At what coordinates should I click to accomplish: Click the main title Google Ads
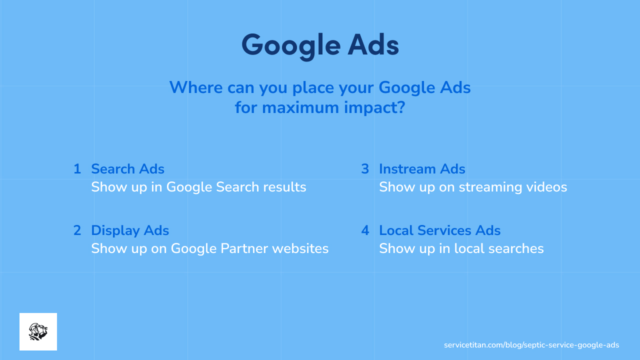pos(320,45)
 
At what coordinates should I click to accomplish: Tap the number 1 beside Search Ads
pos(77,169)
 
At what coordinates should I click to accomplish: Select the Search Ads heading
pos(127,169)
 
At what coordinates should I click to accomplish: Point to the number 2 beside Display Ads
pos(77,230)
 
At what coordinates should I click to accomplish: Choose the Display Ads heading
pos(130,230)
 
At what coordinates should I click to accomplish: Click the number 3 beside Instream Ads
pos(365,169)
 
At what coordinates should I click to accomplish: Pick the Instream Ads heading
pos(422,169)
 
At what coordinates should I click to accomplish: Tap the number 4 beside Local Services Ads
pos(365,230)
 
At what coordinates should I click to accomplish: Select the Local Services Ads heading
pos(439,230)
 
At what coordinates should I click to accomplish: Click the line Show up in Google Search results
pos(198,187)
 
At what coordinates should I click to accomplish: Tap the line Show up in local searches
pos(461,248)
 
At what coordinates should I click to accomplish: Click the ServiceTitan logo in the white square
pos(38,331)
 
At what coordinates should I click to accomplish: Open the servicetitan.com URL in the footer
pos(531,345)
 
